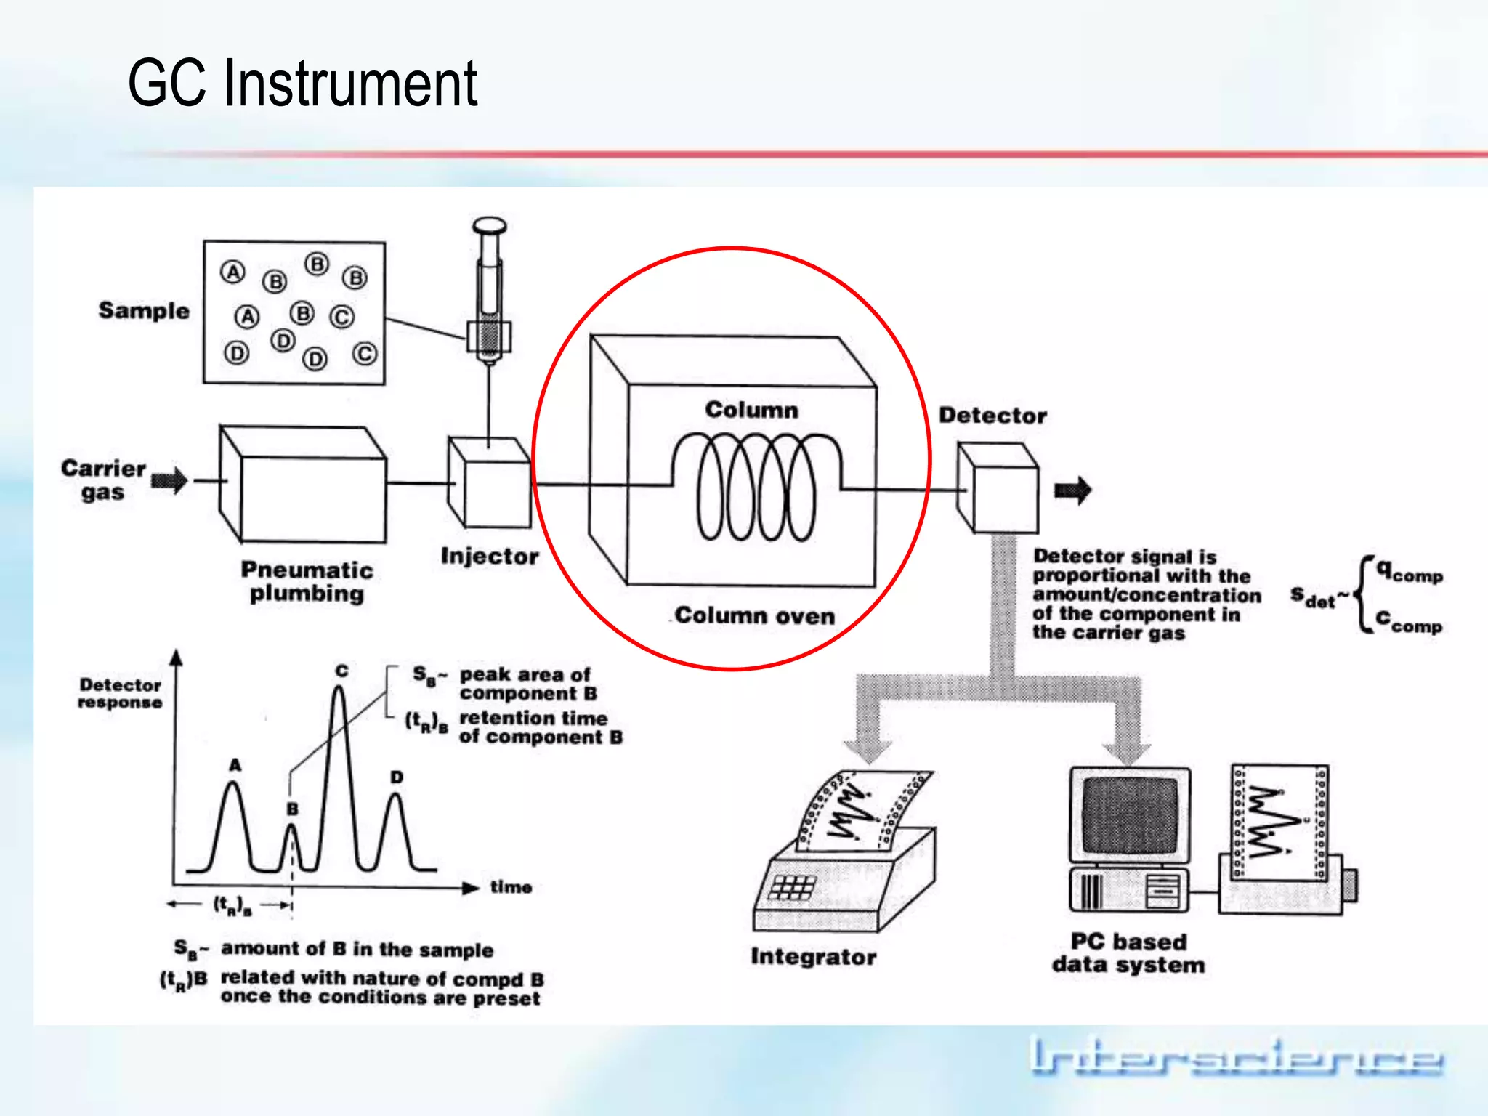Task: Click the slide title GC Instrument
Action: (302, 83)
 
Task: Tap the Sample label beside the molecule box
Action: (144, 311)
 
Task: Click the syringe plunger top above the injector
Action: (489, 225)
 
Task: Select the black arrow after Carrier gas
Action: (170, 480)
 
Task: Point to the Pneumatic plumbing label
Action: (307, 581)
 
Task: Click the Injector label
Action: (490, 557)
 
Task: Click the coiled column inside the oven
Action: (756, 487)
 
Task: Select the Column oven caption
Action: (754, 616)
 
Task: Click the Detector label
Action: (992, 416)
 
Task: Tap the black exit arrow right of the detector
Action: (1073, 490)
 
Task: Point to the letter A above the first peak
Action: (235, 765)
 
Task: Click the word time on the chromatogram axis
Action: (511, 887)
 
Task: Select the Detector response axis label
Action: (120, 693)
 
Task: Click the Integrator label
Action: (813, 957)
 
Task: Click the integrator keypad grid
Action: (793, 887)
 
